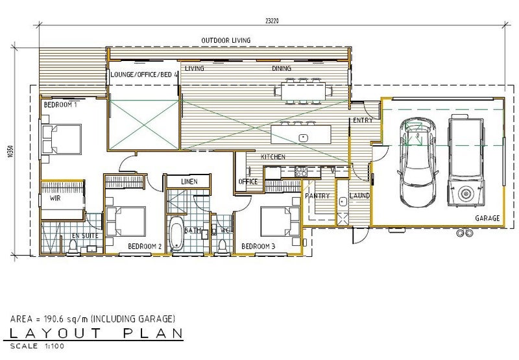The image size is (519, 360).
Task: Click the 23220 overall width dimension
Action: tap(272, 21)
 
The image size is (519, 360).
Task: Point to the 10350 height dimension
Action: tap(13, 151)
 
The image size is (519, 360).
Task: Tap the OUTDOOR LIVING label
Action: tap(226, 40)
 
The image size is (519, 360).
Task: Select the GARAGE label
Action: tap(487, 218)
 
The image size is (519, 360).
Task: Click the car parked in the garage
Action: tap(418, 162)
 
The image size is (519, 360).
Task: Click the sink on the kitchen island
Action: tap(303, 138)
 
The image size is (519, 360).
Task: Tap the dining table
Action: tap(303, 91)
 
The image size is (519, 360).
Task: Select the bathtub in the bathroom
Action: tap(176, 234)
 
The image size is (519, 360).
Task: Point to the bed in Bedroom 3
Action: tap(280, 221)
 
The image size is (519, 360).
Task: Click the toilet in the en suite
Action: tap(73, 246)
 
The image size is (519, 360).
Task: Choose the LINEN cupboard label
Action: tap(189, 182)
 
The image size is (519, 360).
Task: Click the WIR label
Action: tap(55, 198)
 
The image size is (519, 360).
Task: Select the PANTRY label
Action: tap(317, 196)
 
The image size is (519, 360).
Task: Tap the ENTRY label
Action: tap(363, 120)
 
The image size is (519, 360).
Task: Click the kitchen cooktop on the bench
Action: tap(301, 171)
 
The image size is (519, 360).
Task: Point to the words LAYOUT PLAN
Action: tap(96, 333)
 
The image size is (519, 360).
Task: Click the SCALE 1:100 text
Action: tap(37, 346)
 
